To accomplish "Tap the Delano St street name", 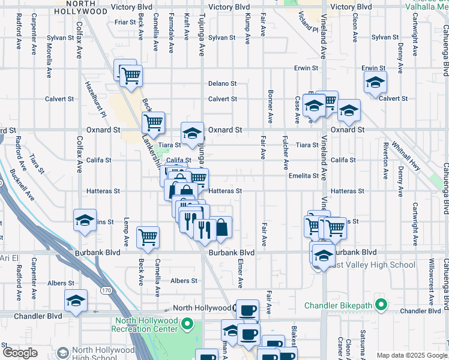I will point(222,83).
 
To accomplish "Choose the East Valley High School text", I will point(370,265).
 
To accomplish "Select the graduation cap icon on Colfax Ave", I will point(85,221).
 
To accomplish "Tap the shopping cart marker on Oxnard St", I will point(153,122).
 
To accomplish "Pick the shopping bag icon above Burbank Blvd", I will point(222,227).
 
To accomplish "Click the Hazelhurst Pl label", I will point(95,99).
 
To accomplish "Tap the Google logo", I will point(19,353).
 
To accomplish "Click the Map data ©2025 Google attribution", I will point(411,355).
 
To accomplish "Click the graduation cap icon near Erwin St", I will point(375,82).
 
